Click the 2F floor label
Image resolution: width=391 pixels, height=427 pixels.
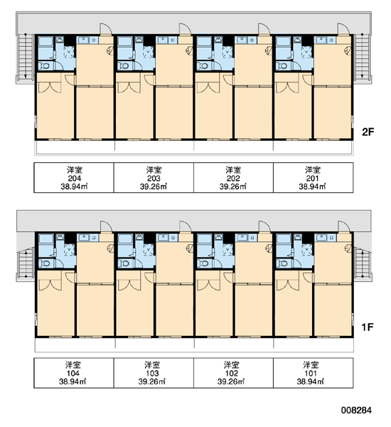(x=368, y=132)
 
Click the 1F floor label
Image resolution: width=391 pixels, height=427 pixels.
(x=368, y=327)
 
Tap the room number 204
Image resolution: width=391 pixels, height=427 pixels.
(x=74, y=179)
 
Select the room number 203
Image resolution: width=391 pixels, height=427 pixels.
(x=154, y=179)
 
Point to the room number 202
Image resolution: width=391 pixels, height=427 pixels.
(x=233, y=179)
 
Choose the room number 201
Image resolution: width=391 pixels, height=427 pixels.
(x=312, y=179)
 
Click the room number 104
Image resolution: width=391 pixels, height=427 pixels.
(x=73, y=374)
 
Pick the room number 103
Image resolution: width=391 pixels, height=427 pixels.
(x=152, y=374)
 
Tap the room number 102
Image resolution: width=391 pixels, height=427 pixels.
(x=232, y=374)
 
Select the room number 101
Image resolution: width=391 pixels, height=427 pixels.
(x=311, y=374)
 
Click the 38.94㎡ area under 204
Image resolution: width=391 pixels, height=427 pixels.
(x=74, y=186)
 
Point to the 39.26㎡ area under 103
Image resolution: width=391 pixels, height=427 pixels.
(x=152, y=381)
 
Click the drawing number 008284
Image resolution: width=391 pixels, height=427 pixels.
(x=356, y=410)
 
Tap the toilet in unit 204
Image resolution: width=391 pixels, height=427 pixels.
(x=44, y=66)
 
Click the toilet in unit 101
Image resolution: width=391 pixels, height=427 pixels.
(x=282, y=263)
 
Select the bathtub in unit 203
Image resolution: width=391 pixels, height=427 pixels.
(x=125, y=43)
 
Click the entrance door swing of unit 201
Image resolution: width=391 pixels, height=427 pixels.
(x=343, y=29)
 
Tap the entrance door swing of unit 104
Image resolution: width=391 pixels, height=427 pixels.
(x=106, y=226)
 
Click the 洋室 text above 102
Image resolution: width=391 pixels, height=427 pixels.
(x=232, y=365)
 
